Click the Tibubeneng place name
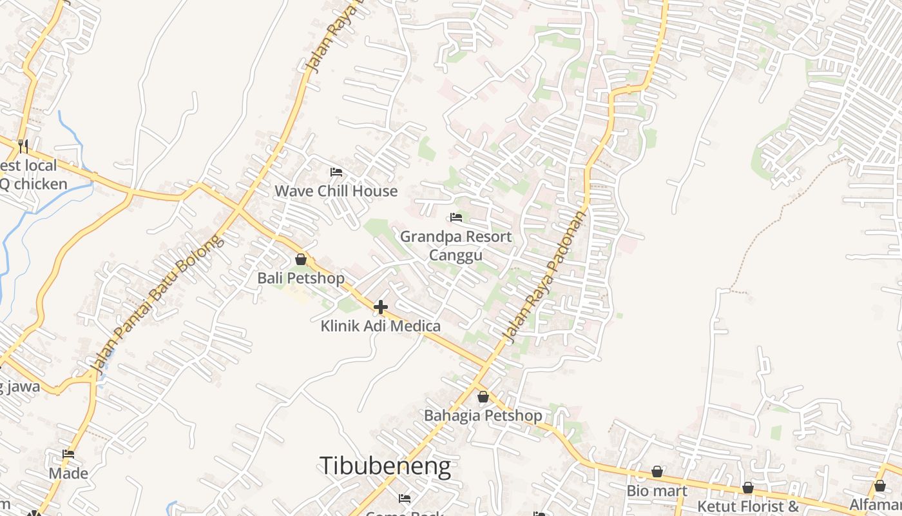coord(385,466)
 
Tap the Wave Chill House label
coord(336,191)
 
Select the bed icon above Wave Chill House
coord(336,172)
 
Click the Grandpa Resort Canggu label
coord(456,246)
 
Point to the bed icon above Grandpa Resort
coord(456,217)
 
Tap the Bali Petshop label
coord(301,278)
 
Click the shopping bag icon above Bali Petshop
coord(301,260)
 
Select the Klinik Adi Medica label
coord(380,326)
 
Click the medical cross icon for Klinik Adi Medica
coord(381,307)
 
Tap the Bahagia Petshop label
coord(483,415)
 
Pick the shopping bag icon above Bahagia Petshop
coord(483,397)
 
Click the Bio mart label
coord(657,491)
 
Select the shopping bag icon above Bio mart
coord(657,472)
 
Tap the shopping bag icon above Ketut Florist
coord(748,488)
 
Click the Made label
coord(68,473)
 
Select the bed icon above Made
coord(68,455)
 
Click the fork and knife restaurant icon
coord(23,145)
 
